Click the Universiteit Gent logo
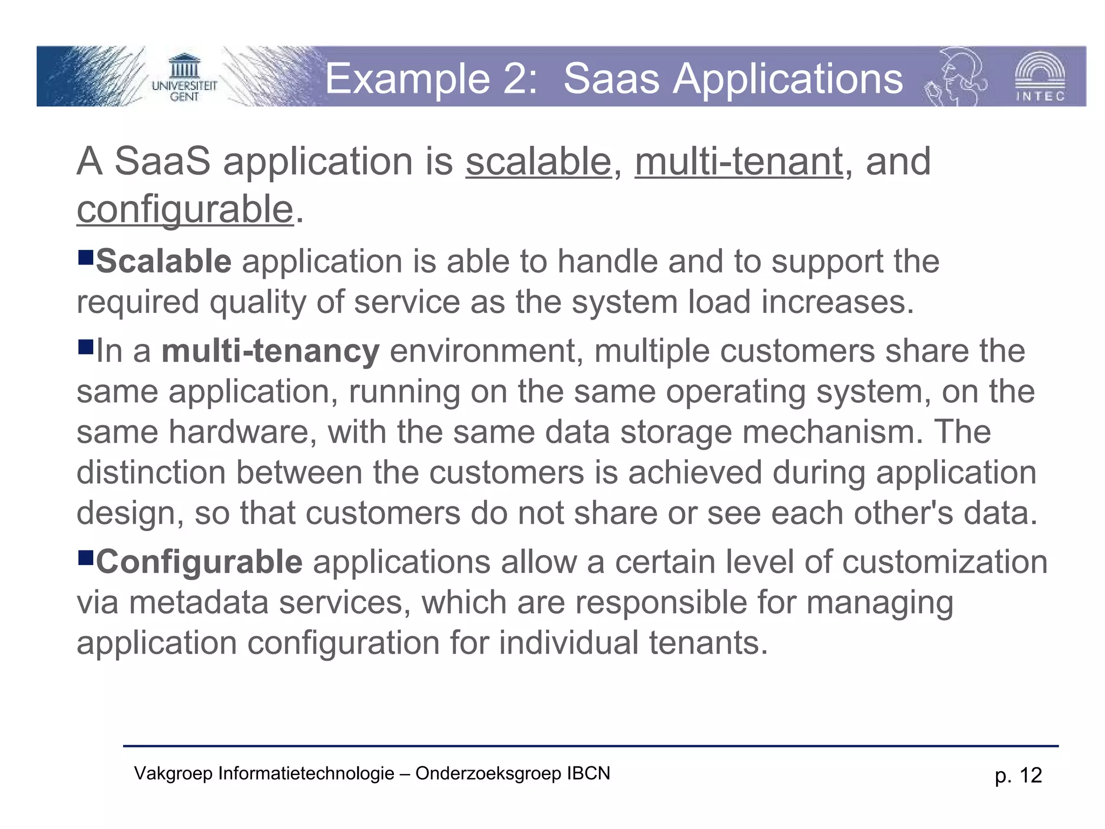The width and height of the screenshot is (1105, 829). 184,79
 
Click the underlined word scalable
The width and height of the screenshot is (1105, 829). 538,162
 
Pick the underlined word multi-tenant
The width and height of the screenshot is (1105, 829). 739,162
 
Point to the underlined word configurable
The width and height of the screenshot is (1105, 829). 185,209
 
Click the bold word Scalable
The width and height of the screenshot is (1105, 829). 164,262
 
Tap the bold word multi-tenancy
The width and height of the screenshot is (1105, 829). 270,351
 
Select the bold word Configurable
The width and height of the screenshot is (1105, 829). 199,562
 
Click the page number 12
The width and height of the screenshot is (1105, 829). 1031,776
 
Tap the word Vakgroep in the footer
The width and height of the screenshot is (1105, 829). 173,774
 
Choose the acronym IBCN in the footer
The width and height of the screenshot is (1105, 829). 588,773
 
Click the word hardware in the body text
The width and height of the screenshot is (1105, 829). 239,432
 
